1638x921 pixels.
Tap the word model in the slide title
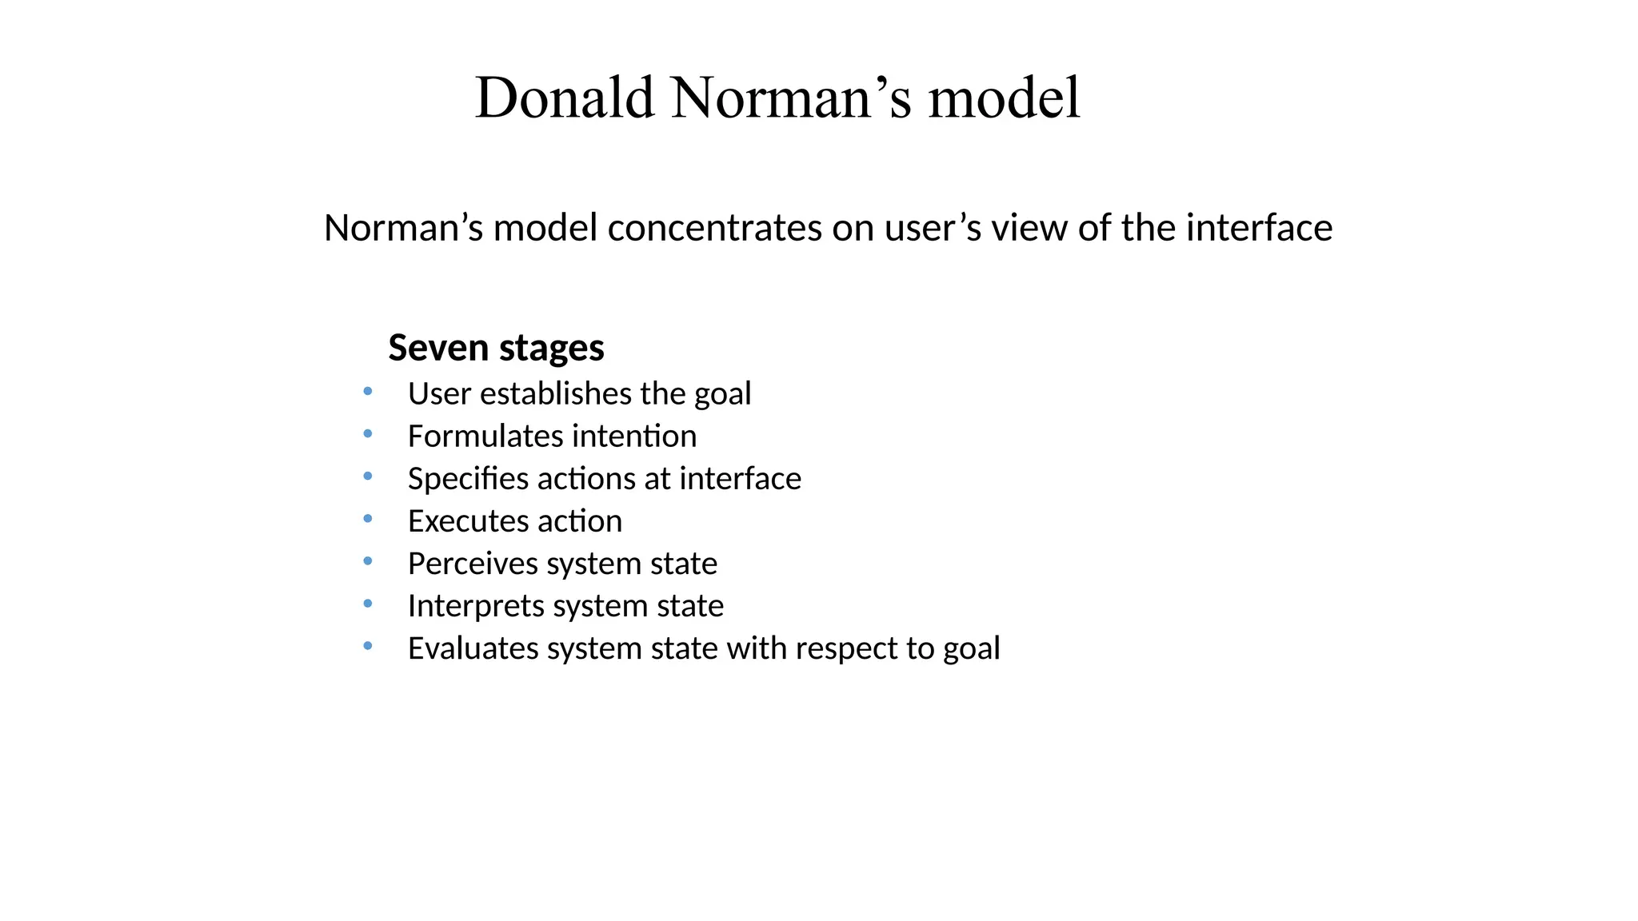pyautogui.click(x=1005, y=98)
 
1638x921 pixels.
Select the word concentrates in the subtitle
pyautogui.click(x=714, y=229)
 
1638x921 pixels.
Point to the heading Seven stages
pyautogui.click(x=496, y=348)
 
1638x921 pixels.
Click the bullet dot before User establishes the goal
pyautogui.click(x=367, y=392)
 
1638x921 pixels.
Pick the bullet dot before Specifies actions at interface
pyautogui.click(x=367, y=476)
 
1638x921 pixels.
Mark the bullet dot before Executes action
pyautogui.click(x=367, y=519)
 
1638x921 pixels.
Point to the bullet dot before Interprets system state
pyautogui.click(x=367, y=604)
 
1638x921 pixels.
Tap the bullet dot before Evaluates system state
pyautogui.click(x=367, y=646)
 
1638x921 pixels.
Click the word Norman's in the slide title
pyautogui.click(x=791, y=98)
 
